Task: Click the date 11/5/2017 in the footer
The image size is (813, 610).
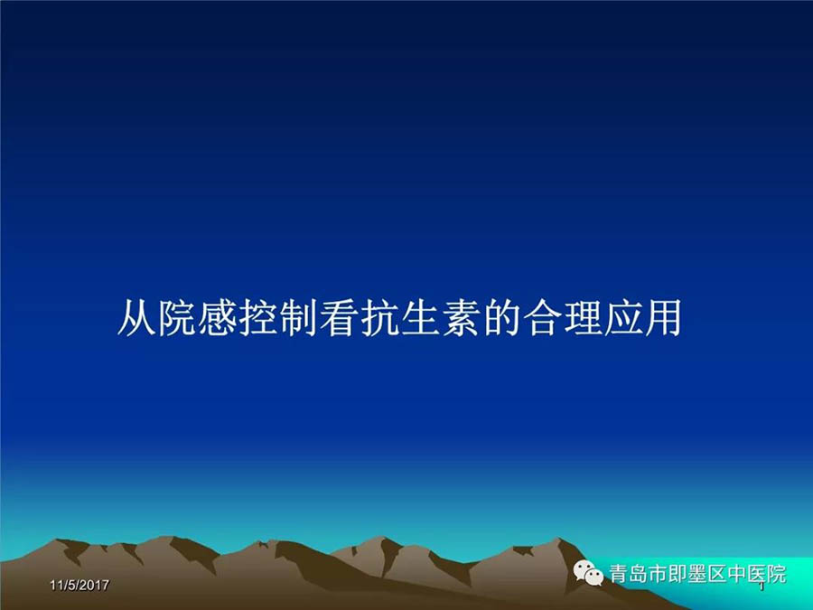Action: click(x=79, y=585)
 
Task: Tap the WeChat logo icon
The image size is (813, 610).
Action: click(x=588, y=573)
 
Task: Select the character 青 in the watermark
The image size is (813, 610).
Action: click(x=619, y=574)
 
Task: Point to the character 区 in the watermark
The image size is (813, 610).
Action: click(x=717, y=574)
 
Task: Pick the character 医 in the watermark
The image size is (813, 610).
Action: click(x=757, y=574)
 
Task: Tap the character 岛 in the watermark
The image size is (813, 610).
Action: click(x=639, y=574)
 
